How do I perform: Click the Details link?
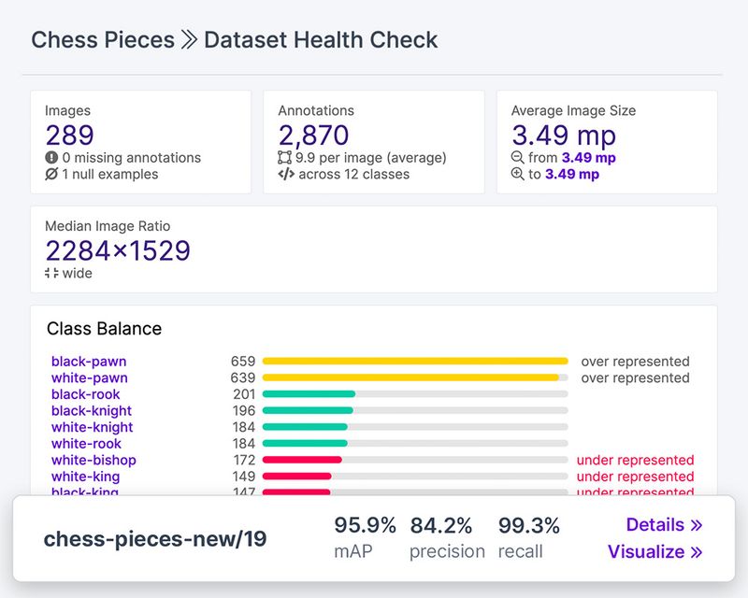(664, 525)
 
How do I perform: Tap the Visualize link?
(654, 552)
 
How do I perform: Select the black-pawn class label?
(89, 362)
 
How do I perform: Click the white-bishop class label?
(93, 460)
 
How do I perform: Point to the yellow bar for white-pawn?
(410, 378)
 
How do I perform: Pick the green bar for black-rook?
(309, 394)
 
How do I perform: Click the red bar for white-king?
(297, 477)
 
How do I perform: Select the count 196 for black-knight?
(244, 411)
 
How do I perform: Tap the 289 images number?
(70, 135)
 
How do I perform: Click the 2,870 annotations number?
(313, 135)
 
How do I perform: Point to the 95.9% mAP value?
(366, 525)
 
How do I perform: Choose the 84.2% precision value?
(440, 525)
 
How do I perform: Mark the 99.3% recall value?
(529, 525)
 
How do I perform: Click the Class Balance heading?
(104, 329)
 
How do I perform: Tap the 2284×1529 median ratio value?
(118, 250)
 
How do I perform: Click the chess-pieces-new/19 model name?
(155, 539)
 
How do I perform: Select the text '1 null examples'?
(109, 175)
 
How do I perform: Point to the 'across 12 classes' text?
(353, 175)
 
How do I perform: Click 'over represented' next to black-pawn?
(635, 362)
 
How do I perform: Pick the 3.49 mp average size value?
(564, 135)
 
